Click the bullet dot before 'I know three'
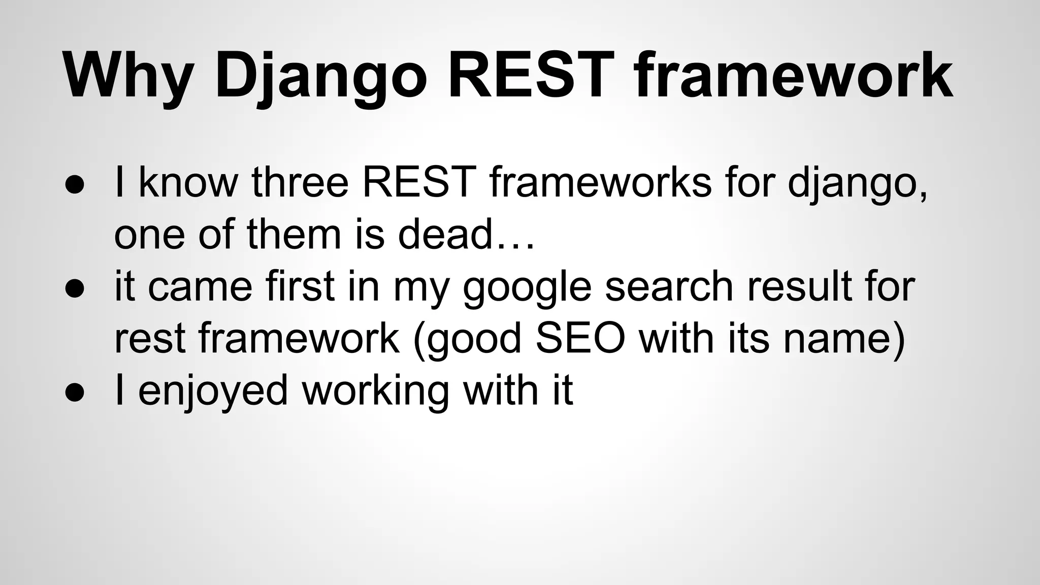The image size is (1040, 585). [x=75, y=185]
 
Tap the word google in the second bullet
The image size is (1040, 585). [x=527, y=287]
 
